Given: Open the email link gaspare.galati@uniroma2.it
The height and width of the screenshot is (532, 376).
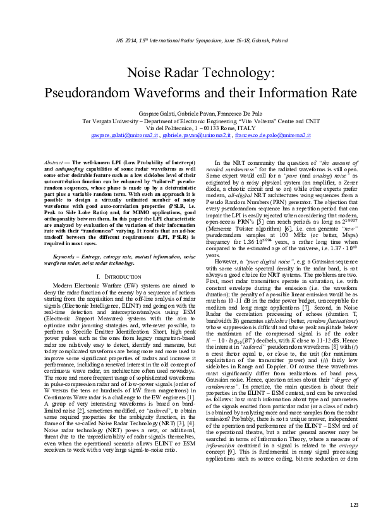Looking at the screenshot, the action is click(123, 135).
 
